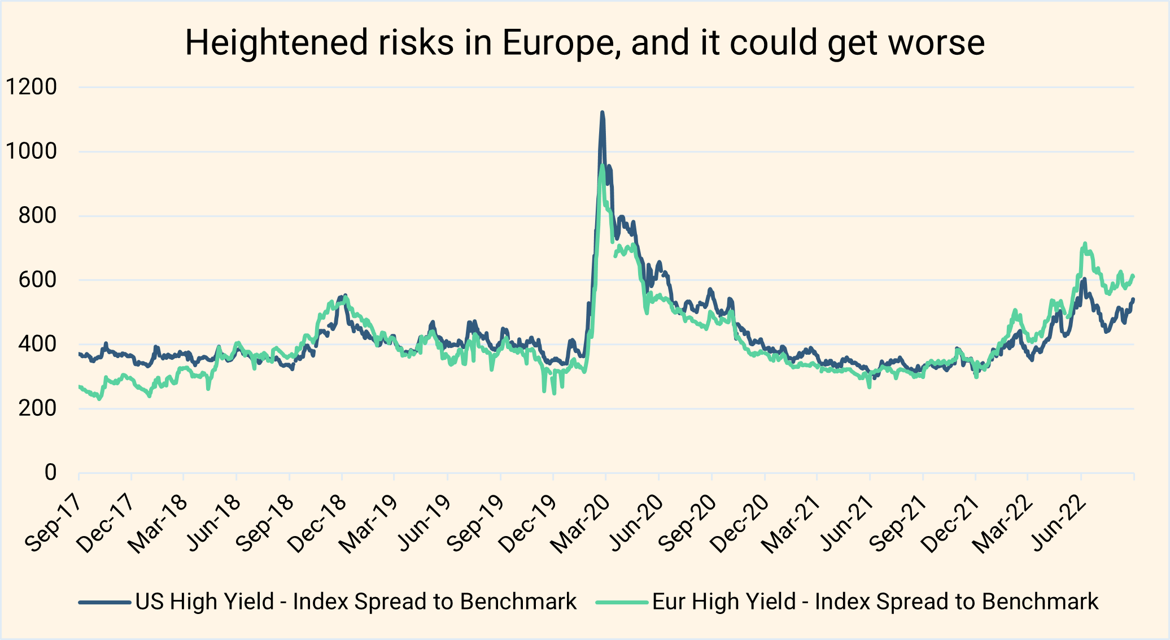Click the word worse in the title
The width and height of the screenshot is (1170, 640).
(x=937, y=43)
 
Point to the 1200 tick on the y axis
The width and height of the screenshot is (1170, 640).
(x=32, y=88)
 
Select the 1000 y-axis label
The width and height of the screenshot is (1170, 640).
(x=32, y=151)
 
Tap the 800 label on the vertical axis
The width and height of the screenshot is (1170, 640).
(x=37, y=216)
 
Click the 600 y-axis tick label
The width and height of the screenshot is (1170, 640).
(x=37, y=280)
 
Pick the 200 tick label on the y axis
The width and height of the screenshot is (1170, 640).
(x=37, y=408)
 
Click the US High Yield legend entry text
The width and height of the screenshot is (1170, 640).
(x=356, y=602)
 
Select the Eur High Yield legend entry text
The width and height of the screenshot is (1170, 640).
(x=875, y=602)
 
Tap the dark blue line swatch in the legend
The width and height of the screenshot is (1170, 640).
(x=104, y=602)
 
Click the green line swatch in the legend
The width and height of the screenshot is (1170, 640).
(x=622, y=602)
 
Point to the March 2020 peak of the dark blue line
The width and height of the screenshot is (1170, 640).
(x=603, y=113)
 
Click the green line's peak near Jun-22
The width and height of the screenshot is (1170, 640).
(x=1085, y=244)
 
